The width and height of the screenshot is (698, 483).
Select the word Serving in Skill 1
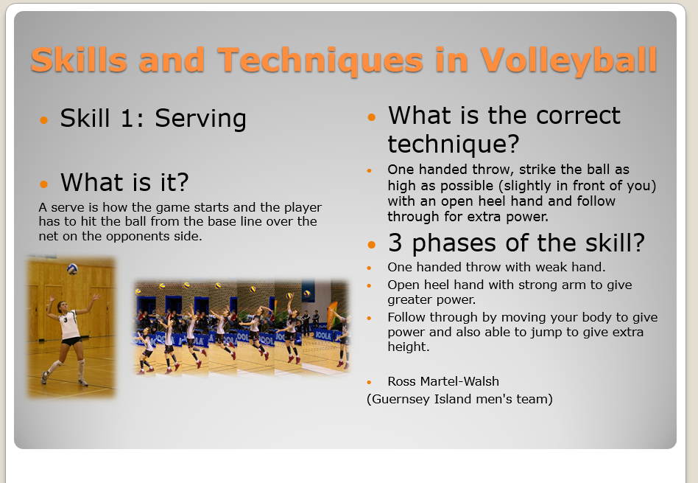point(200,119)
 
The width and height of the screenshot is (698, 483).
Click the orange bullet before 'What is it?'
point(45,184)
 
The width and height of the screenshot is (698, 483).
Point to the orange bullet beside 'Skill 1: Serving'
point(45,119)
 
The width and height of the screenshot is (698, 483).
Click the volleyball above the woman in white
point(72,269)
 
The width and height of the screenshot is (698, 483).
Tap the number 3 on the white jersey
point(65,320)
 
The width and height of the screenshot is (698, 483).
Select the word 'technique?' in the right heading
point(453,143)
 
